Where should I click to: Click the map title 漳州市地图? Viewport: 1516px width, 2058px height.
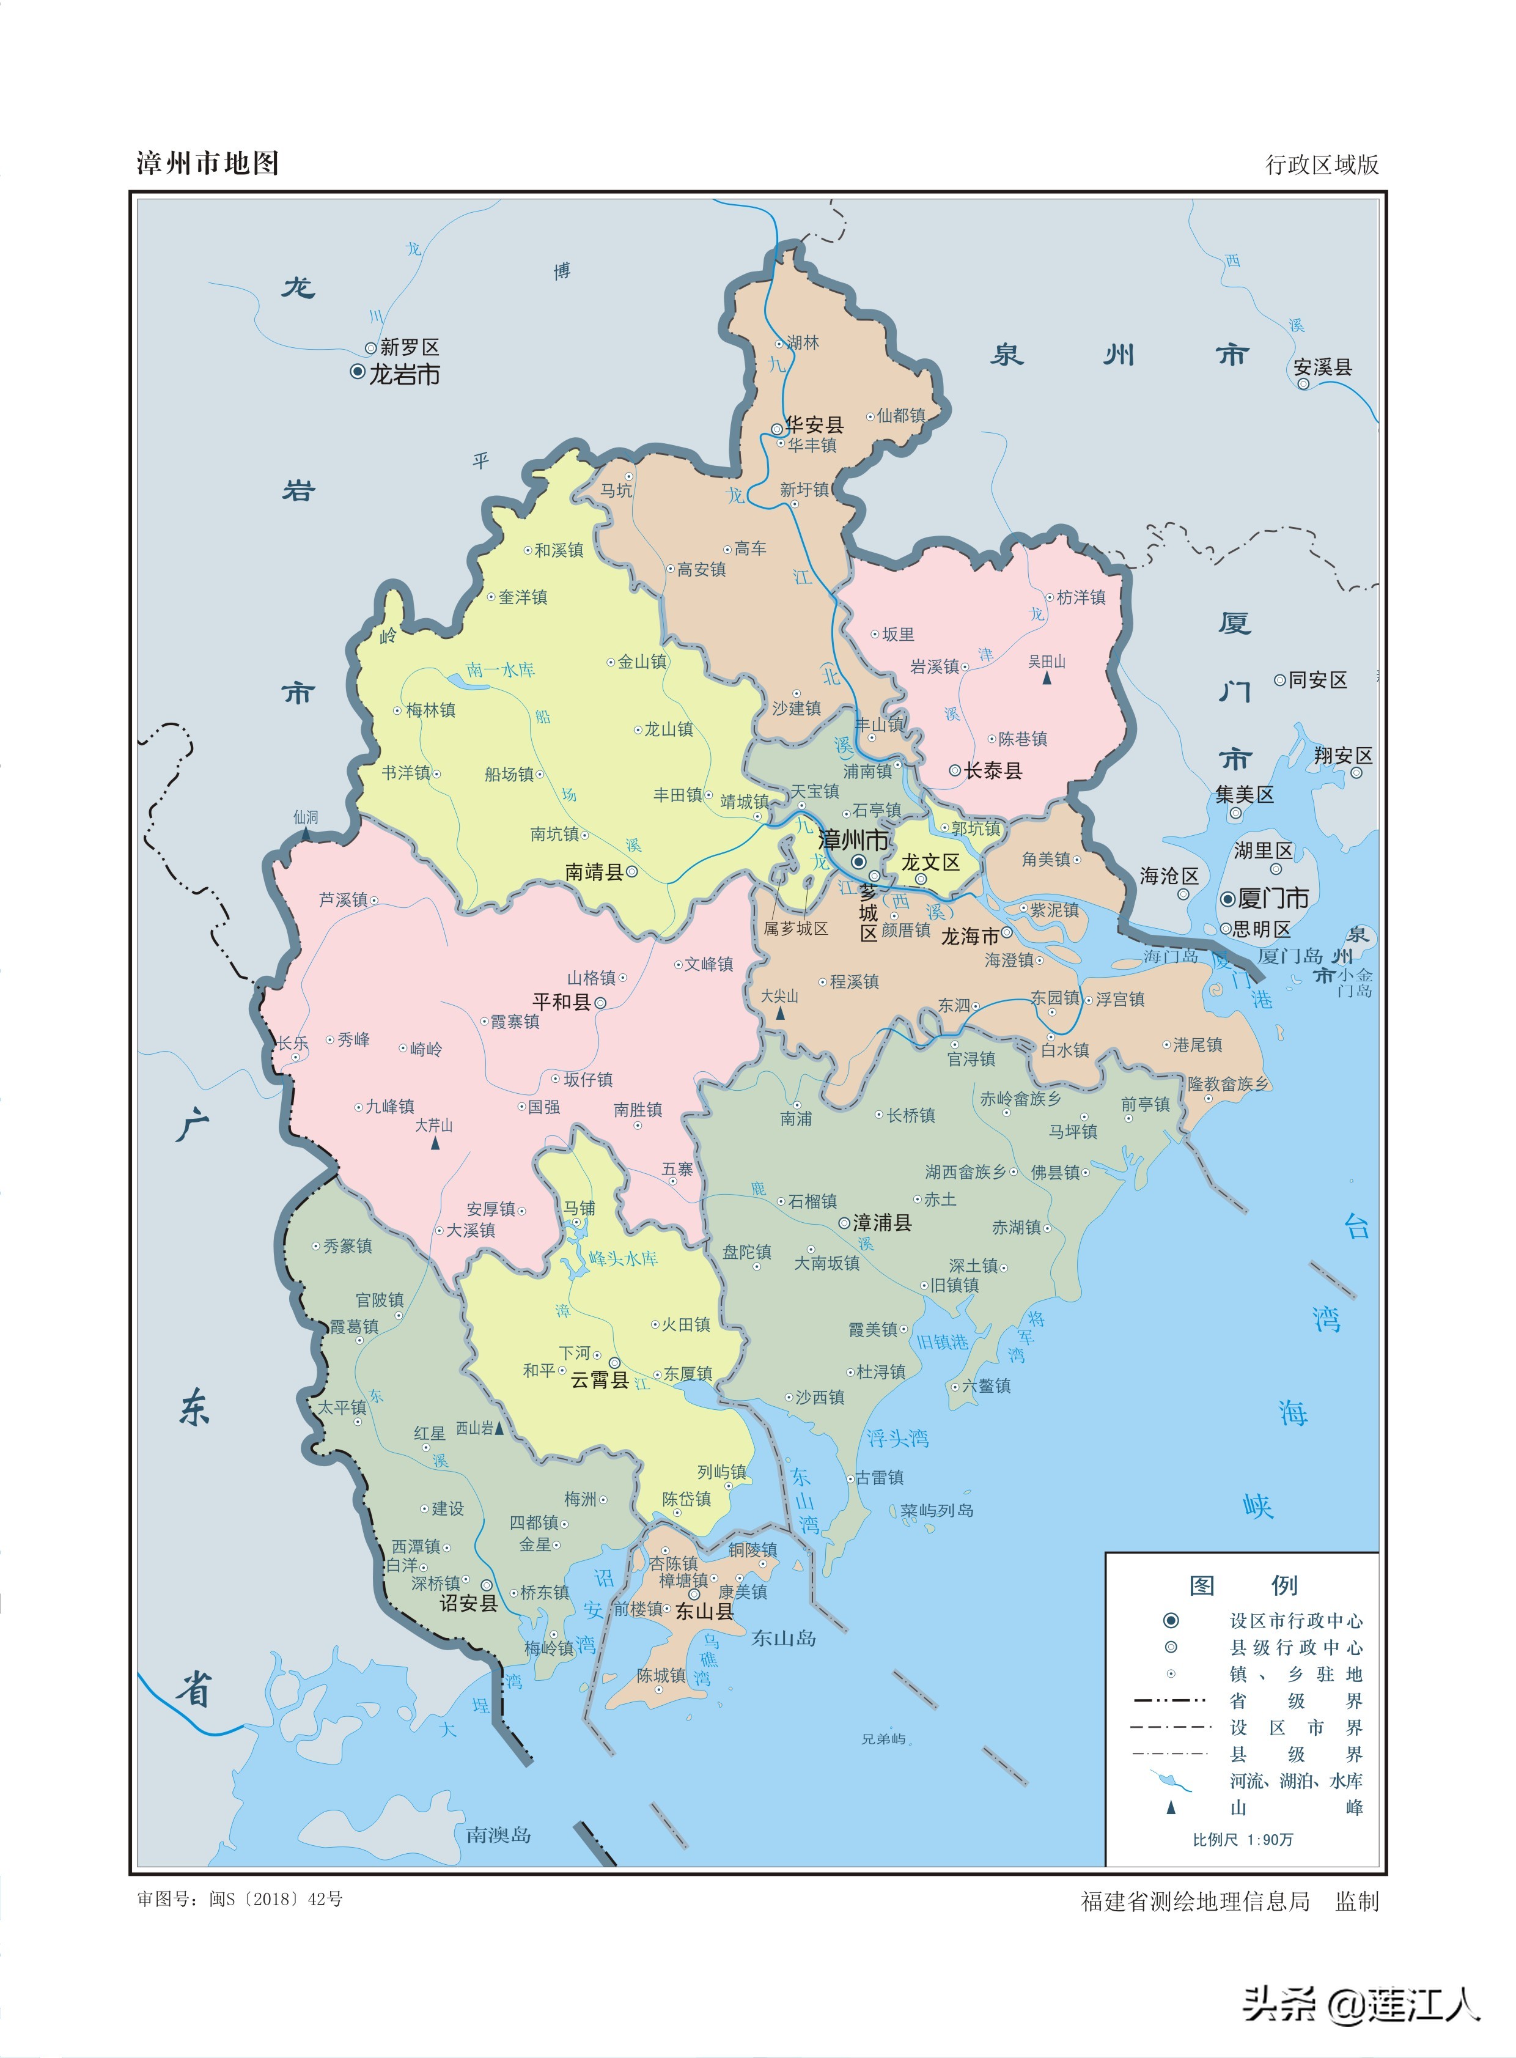pyautogui.click(x=207, y=163)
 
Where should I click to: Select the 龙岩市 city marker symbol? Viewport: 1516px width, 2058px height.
pyautogui.click(x=358, y=372)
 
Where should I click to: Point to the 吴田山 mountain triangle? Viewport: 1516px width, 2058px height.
pyautogui.click(x=1046, y=678)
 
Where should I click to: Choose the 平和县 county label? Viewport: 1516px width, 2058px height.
pyautogui.click(x=562, y=1002)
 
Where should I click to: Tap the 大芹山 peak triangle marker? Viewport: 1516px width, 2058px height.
pyautogui.click(x=435, y=1143)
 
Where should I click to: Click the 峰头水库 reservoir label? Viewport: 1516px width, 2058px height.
pyautogui.click(x=623, y=1258)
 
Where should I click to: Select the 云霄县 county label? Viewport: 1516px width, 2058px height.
pyautogui.click(x=599, y=1380)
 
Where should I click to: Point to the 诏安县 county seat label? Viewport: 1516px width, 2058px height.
pyautogui.click(x=468, y=1603)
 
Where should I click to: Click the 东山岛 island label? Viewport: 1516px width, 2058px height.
pyautogui.click(x=784, y=1637)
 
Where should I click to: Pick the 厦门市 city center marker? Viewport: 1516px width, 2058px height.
pyautogui.click(x=1228, y=899)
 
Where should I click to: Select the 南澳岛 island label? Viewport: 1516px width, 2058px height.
pyautogui.click(x=498, y=1835)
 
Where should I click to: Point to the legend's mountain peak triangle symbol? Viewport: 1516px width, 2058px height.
pyautogui.click(x=1171, y=1807)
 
